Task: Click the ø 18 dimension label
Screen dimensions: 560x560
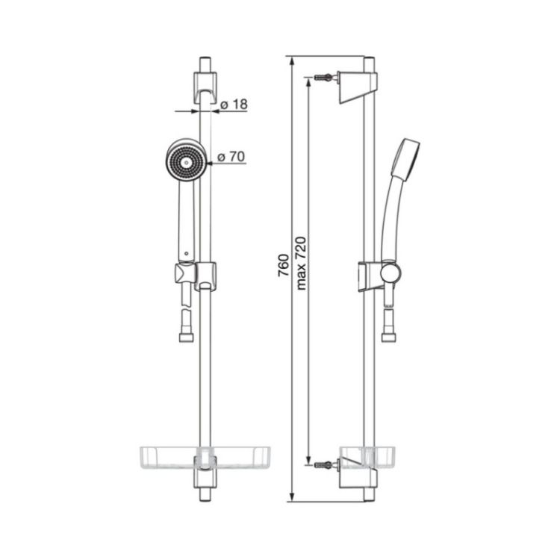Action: (x=234, y=105)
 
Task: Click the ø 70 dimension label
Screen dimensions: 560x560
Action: (x=231, y=157)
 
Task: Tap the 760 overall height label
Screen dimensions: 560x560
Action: (x=283, y=265)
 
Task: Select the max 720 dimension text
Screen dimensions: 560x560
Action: (x=301, y=263)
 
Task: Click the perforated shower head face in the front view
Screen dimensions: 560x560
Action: (x=186, y=162)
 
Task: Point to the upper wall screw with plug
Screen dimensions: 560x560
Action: (x=326, y=77)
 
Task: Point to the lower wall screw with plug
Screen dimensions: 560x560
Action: (x=326, y=464)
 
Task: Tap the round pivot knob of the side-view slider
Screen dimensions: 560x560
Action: (x=391, y=273)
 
